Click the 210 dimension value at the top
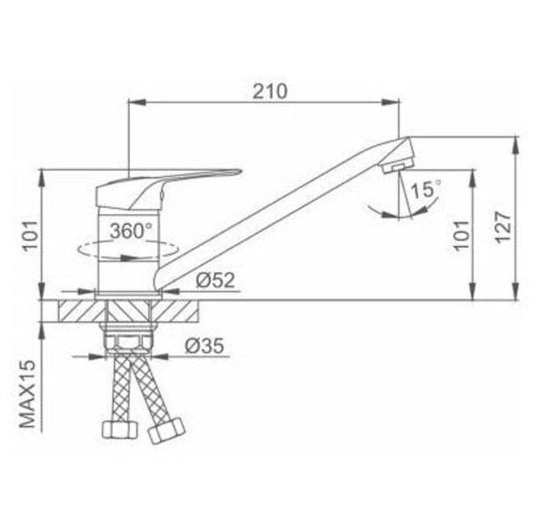pos(270,92)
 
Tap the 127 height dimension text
pos(503,227)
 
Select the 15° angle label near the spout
pos(426,190)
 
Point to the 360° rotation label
pos(131,231)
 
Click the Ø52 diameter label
pos(215,280)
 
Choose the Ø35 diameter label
pos(205,346)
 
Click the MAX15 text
pos(27,393)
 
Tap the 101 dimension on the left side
pos(30,236)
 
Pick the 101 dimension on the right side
pos(461,235)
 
